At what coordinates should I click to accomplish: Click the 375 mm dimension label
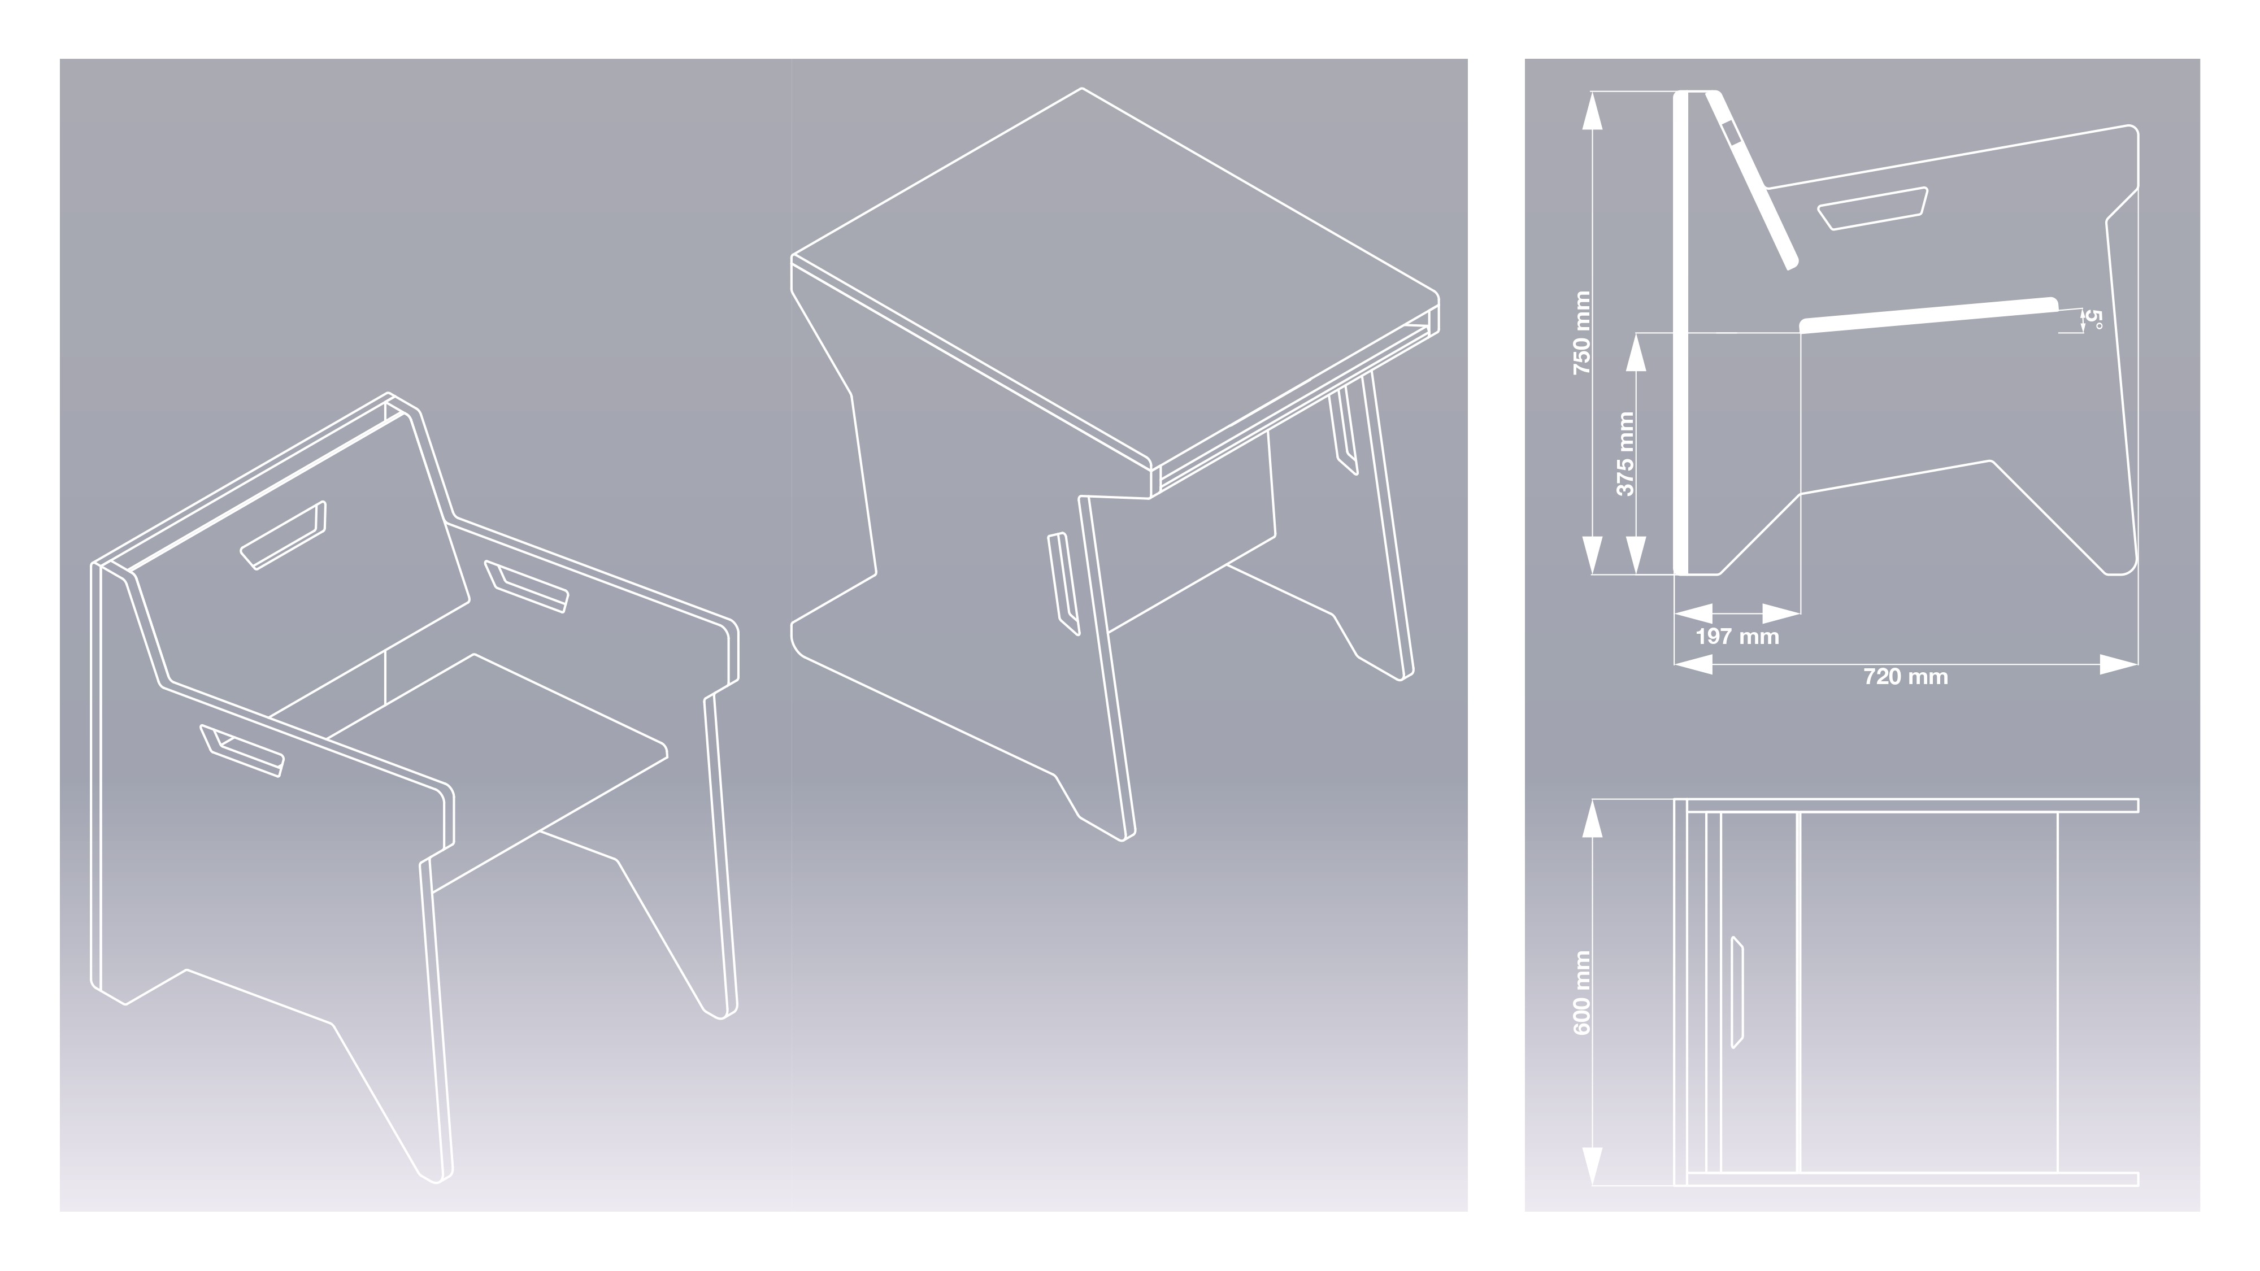(x=1625, y=454)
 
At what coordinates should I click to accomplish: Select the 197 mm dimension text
(x=1737, y=637)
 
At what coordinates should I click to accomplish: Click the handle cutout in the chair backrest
(x=284, y=535)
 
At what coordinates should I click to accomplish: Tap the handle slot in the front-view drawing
(x=1737, y=992)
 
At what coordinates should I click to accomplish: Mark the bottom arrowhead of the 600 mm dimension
(x=1592, y=1166)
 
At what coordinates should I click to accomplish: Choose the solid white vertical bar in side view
(x=1681, y=333)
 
